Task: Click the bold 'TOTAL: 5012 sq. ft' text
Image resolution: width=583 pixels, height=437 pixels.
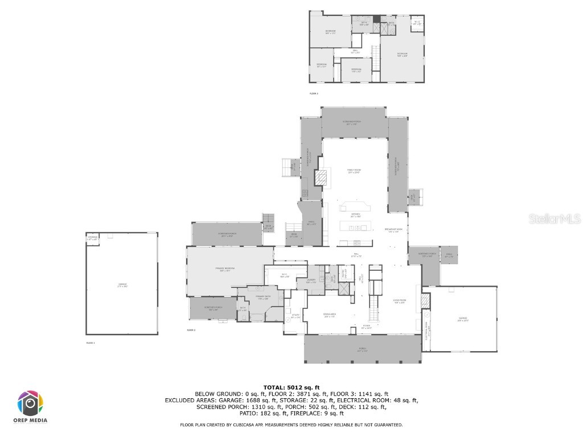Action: [291, 387]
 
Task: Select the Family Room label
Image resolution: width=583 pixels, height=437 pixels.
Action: [354, 171]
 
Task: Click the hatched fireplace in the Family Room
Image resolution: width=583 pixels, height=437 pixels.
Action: [322, 179]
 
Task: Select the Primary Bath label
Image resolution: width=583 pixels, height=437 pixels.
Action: [262, 297]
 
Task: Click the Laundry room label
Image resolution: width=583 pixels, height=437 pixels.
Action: [311, 281]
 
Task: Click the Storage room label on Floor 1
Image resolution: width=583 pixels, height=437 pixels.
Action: [93, 238]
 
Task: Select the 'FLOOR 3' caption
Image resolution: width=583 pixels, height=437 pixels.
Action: [314, 93]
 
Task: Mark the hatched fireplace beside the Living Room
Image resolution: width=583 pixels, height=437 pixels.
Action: [425, 300]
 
